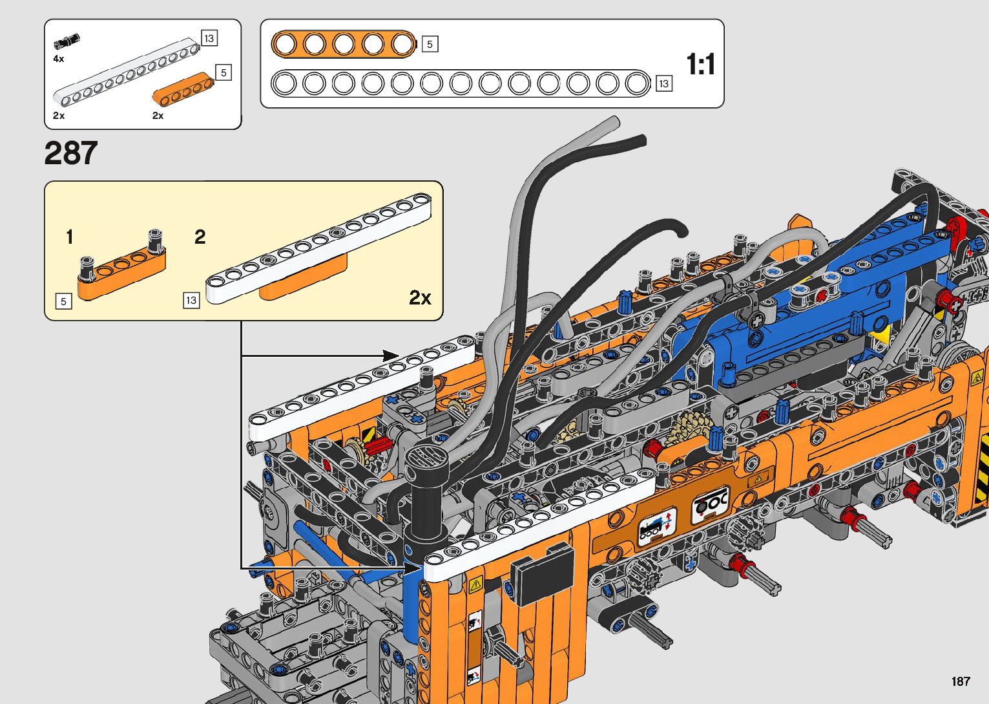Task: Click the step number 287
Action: [x=70, y=153]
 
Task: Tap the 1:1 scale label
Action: [x=700, y=64]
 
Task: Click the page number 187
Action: [x=961, y=681]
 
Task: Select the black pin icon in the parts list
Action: [x=67, y=41]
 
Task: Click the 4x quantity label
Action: [x=59, y=59]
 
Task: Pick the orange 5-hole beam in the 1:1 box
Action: [x=344, y=44]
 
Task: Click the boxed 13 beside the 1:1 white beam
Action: [x=663, y=83]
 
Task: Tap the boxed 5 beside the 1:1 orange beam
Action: [x=430, y=44]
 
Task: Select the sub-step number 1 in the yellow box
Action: [x=69, y=237]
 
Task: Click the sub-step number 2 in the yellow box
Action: [x=200, y=237]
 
